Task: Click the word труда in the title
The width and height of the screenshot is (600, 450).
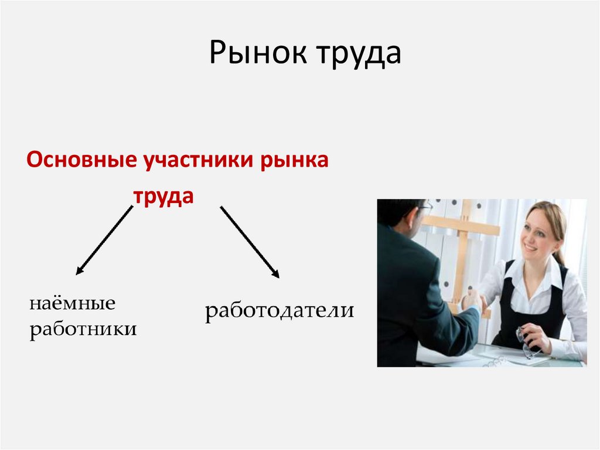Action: coord(359,53)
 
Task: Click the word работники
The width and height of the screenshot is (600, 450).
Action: coord(83,328)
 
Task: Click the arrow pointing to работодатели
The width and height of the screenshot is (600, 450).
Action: coord(249,241)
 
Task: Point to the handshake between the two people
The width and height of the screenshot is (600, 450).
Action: coord(472,303)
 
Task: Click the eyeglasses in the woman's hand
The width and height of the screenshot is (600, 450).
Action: coord(525,344)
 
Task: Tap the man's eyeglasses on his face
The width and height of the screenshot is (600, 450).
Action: coord(425,206)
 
